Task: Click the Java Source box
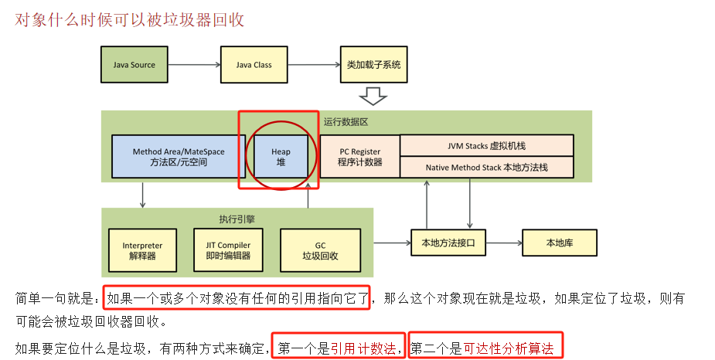click(x=134, y=65)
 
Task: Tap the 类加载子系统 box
click(x=374, y=65)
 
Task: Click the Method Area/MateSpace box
click(x=169, y=157)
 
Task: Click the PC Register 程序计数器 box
click(x=359, y=157)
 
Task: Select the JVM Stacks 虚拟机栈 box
click(x=486, y=145)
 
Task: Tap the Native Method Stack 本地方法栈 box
click(x=486, y=167)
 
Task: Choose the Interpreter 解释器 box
click(x=142, y=250)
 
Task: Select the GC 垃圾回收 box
click(x=319, y=250)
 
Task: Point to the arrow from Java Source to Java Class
click(x=193, y=65)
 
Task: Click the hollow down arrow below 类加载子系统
click(x=374, y=96)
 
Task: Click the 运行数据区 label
click(x=346, y=121)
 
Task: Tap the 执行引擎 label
click(x=237, y=219)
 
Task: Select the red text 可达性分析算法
click(x=509, y=348)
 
